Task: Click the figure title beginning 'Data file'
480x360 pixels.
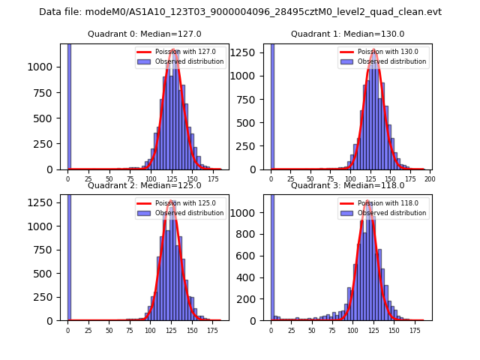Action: click(240, 12)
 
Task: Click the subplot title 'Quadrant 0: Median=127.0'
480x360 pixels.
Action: click(145, 34)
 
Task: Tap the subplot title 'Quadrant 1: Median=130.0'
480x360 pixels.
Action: click(347, 34)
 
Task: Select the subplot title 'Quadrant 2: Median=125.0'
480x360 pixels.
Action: click(145, 185)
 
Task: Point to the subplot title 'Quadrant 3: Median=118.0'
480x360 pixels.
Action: click(347, 185)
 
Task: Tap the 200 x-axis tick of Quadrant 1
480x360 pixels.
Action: click(430, 180)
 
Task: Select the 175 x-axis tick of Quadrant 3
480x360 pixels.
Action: click(415, 331)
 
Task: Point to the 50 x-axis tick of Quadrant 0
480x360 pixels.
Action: click(109, 180)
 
